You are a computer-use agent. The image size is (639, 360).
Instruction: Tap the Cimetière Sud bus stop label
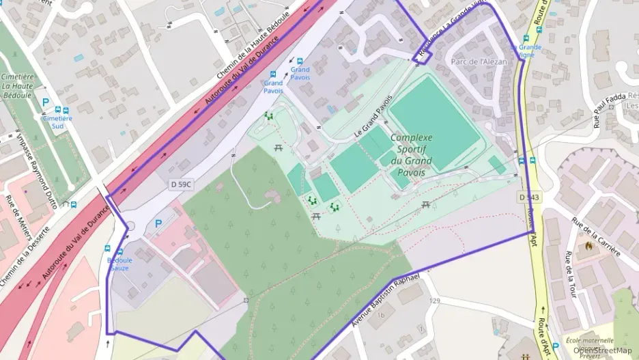(57, 122)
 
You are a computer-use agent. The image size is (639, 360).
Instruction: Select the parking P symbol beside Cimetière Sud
(46, 102)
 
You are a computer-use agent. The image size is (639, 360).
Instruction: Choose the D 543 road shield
(528, 197)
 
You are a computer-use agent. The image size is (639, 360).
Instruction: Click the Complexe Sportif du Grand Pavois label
(411, 155)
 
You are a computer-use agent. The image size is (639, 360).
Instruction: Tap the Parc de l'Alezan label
(479, 61)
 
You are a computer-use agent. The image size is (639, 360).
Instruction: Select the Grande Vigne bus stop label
(528, 51)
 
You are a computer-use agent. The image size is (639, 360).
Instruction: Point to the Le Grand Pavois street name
(373, 117)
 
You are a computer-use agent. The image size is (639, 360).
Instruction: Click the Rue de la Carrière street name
(596, 236)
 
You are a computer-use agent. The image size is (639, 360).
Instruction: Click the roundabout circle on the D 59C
(130, 226)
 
